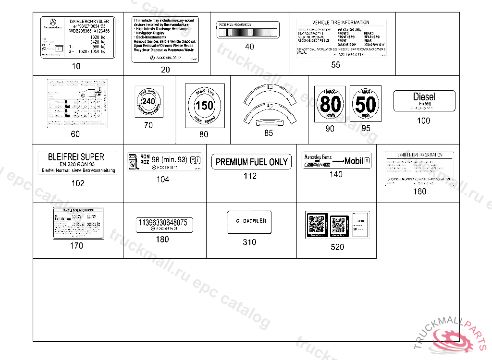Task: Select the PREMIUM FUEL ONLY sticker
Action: click(251, 162)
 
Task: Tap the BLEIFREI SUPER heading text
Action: click(76, 157)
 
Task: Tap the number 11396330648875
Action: click(162, 222)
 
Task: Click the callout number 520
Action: click(337, 247)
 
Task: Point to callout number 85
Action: click(269, 133)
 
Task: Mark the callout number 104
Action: click(163, 180)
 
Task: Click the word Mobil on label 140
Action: click(354, 161)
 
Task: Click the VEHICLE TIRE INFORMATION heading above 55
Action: click(341, 23)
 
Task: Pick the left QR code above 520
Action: click(317, 224)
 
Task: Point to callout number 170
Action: click(76, 246)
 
